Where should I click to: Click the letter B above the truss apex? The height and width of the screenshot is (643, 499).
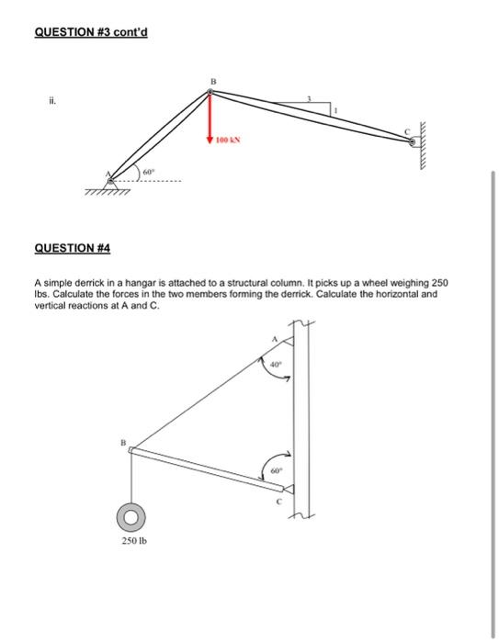click(x=212, y=81)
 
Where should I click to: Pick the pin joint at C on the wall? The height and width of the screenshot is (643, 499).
click(x=413, y=142)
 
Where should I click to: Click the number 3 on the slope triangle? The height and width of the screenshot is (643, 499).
click(x=309, y=99)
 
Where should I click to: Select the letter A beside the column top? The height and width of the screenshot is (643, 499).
click(x=273, y=340)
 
